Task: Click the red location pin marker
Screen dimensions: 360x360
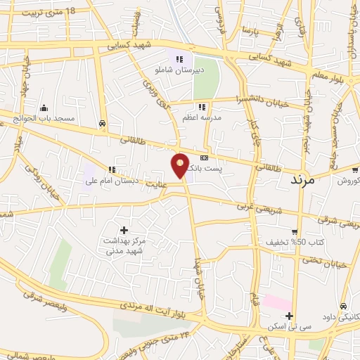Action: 180,165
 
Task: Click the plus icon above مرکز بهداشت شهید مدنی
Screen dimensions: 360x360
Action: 125,230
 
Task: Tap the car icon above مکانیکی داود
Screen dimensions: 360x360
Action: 342,307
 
